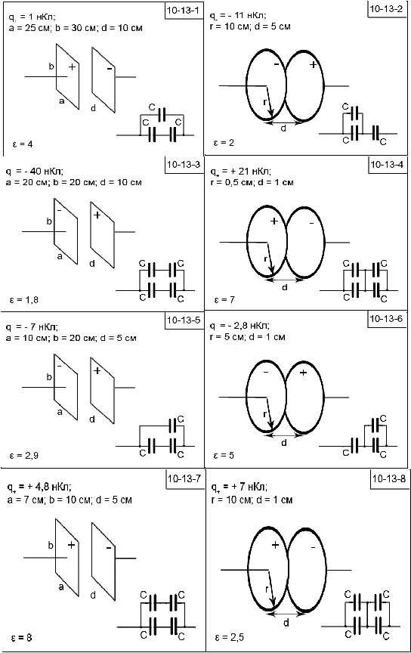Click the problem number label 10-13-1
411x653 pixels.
click(x=183, y=11)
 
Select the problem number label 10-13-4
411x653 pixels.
click(x=387, y=165)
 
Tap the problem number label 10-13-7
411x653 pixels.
click(x=184, y=479)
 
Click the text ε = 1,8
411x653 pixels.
click(x=24, y=299)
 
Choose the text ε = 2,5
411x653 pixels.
click(x=229, y=637)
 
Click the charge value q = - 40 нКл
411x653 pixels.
click(x=35, y=172)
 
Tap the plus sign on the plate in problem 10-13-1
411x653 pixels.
click(x=72, y=67)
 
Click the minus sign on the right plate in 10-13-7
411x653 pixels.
click(x=109, y=548)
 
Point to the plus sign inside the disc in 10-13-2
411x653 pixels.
click(x=313, y=64)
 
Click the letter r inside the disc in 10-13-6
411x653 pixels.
click(x=265, y=414)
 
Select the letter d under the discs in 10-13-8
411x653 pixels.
click(x=286, y=623)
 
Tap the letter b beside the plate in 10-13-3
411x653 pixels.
click(x=49, y=221)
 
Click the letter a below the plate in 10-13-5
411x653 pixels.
click(x=60, y=412)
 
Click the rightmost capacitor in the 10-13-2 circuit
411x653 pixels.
click(x=376, y=133)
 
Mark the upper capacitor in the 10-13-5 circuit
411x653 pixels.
click(x=173, y=426)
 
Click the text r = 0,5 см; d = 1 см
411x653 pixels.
click(x=252, y=182)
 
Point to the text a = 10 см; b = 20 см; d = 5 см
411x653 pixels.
click(x=71, y=338)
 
